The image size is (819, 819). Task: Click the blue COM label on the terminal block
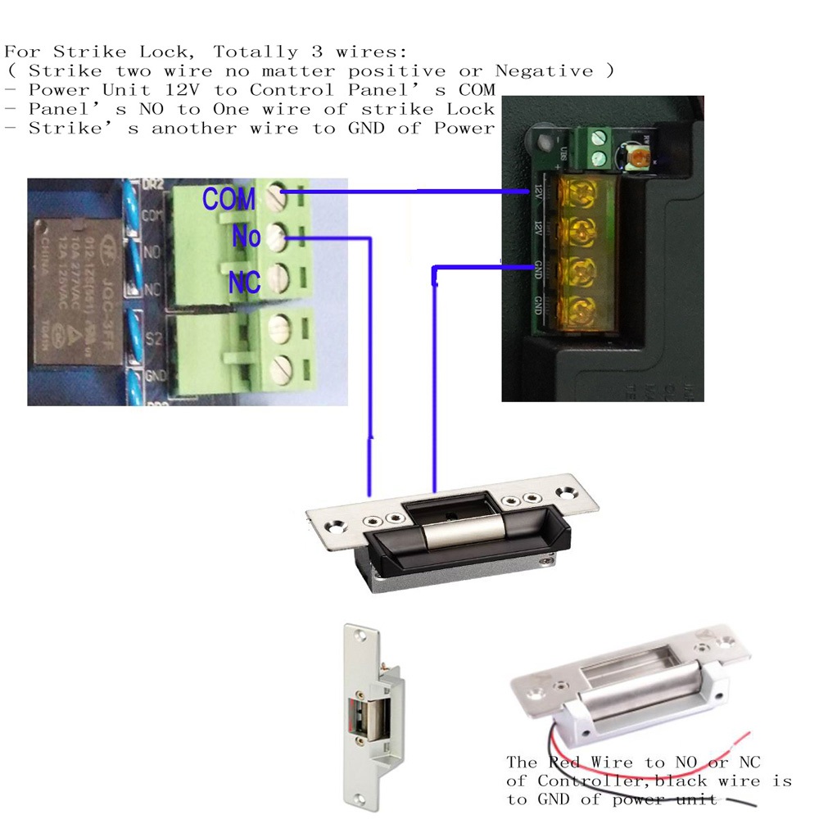229,198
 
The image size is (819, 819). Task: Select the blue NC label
244,283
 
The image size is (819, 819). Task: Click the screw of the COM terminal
276,197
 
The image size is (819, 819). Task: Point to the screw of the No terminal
276,238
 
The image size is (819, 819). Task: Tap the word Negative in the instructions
542,71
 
